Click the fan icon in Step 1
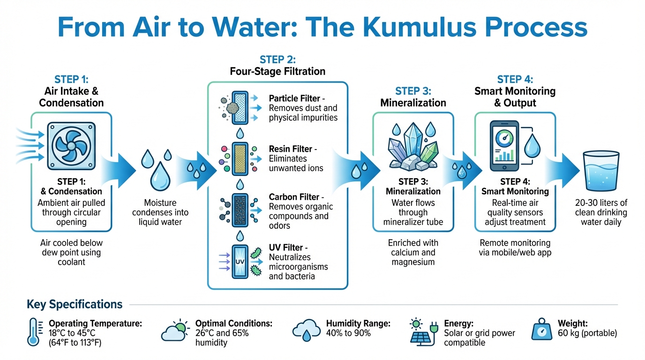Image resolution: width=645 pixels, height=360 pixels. [x=71, y=144]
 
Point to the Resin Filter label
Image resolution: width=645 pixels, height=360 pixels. [x=290, y=149]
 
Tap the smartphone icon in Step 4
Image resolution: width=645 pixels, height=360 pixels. [x=504, y=146]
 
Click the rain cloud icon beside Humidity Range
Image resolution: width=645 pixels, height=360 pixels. [x=306, y=330]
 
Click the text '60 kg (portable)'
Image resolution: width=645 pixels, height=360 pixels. [x=587, y=333]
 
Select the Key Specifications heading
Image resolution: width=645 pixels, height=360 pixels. [x=75, y=304]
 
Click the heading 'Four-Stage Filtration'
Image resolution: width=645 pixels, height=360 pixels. [x=277, y=72]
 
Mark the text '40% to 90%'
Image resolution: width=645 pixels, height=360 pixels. [x=348, y=333]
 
